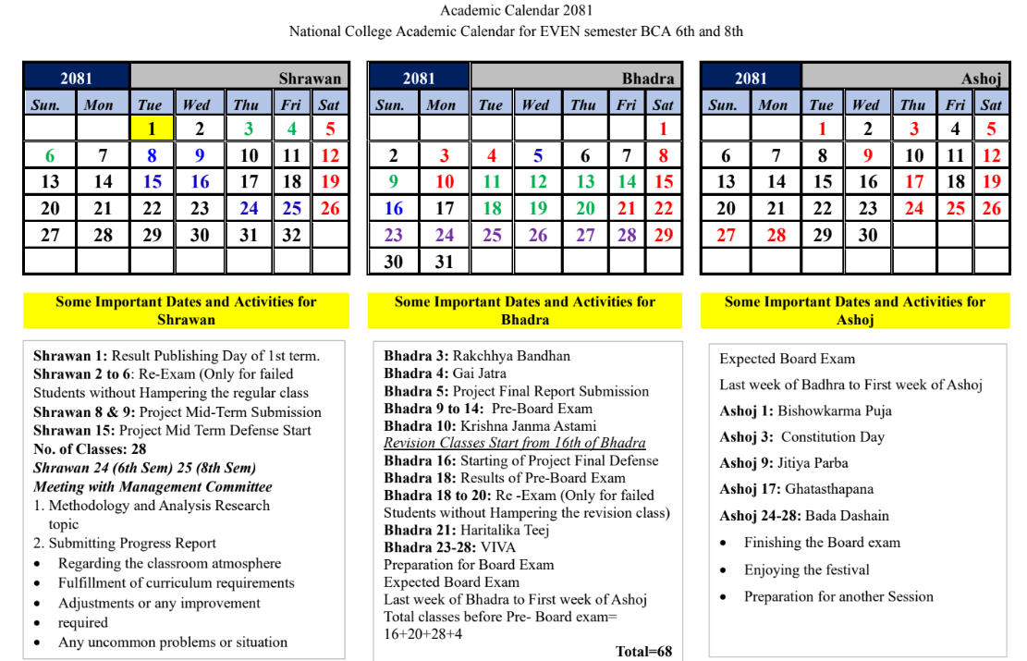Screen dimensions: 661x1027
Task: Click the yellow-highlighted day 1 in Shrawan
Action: tap(152, 129)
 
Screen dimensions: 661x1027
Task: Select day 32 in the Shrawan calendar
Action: tap(292, 235)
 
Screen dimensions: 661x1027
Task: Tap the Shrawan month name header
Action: tap(310, 79)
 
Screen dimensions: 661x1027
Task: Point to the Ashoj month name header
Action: tap(981, 79)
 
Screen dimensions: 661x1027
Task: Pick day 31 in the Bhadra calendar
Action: tap(445, 262)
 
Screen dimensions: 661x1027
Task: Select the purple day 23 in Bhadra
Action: tap(394, 235)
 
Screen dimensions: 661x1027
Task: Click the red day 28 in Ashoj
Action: tap(776, 235)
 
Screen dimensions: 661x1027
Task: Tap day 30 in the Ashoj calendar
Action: tap(867, 235)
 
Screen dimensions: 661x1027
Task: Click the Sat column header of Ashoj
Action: tap(991, 104)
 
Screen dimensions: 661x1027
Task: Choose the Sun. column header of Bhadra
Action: tap(390, 104)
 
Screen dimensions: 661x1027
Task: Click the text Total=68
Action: tap(643, 651)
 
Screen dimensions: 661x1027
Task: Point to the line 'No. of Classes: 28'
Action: tap(90, 448)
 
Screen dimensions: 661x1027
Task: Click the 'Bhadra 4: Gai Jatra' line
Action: tap(445, 373)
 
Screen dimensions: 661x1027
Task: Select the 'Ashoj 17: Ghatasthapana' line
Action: tap(796, 489)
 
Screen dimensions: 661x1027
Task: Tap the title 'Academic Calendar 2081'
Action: tap(516, 10)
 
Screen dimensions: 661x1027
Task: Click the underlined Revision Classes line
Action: tap(514, 443)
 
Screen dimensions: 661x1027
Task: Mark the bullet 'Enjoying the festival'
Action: tap(806, 569)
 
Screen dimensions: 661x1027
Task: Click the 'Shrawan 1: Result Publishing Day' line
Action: tap(176, 355)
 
